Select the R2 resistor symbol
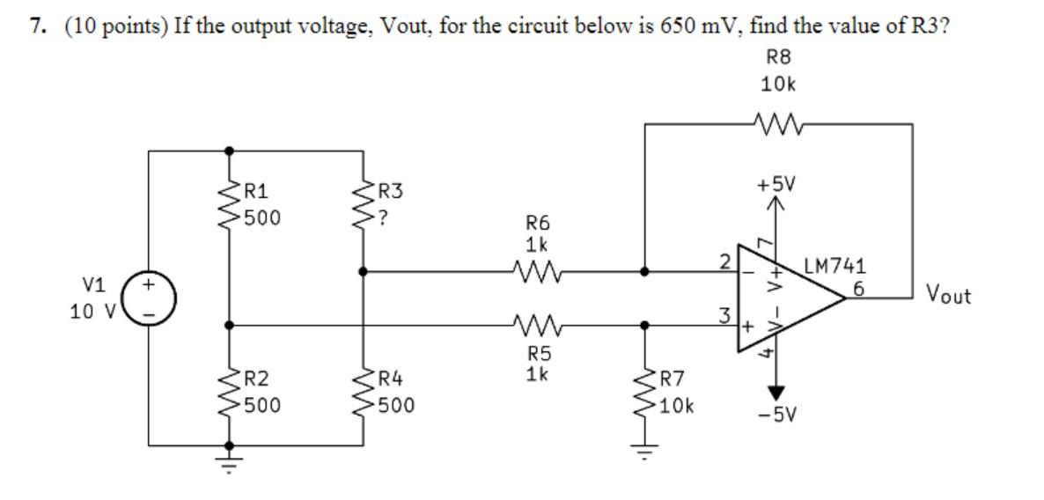click(x=230, y=393)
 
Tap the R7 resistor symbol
click(x=646, y=393)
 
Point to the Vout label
click(x=949, y=296)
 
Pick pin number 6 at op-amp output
click(x=858, y=288)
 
